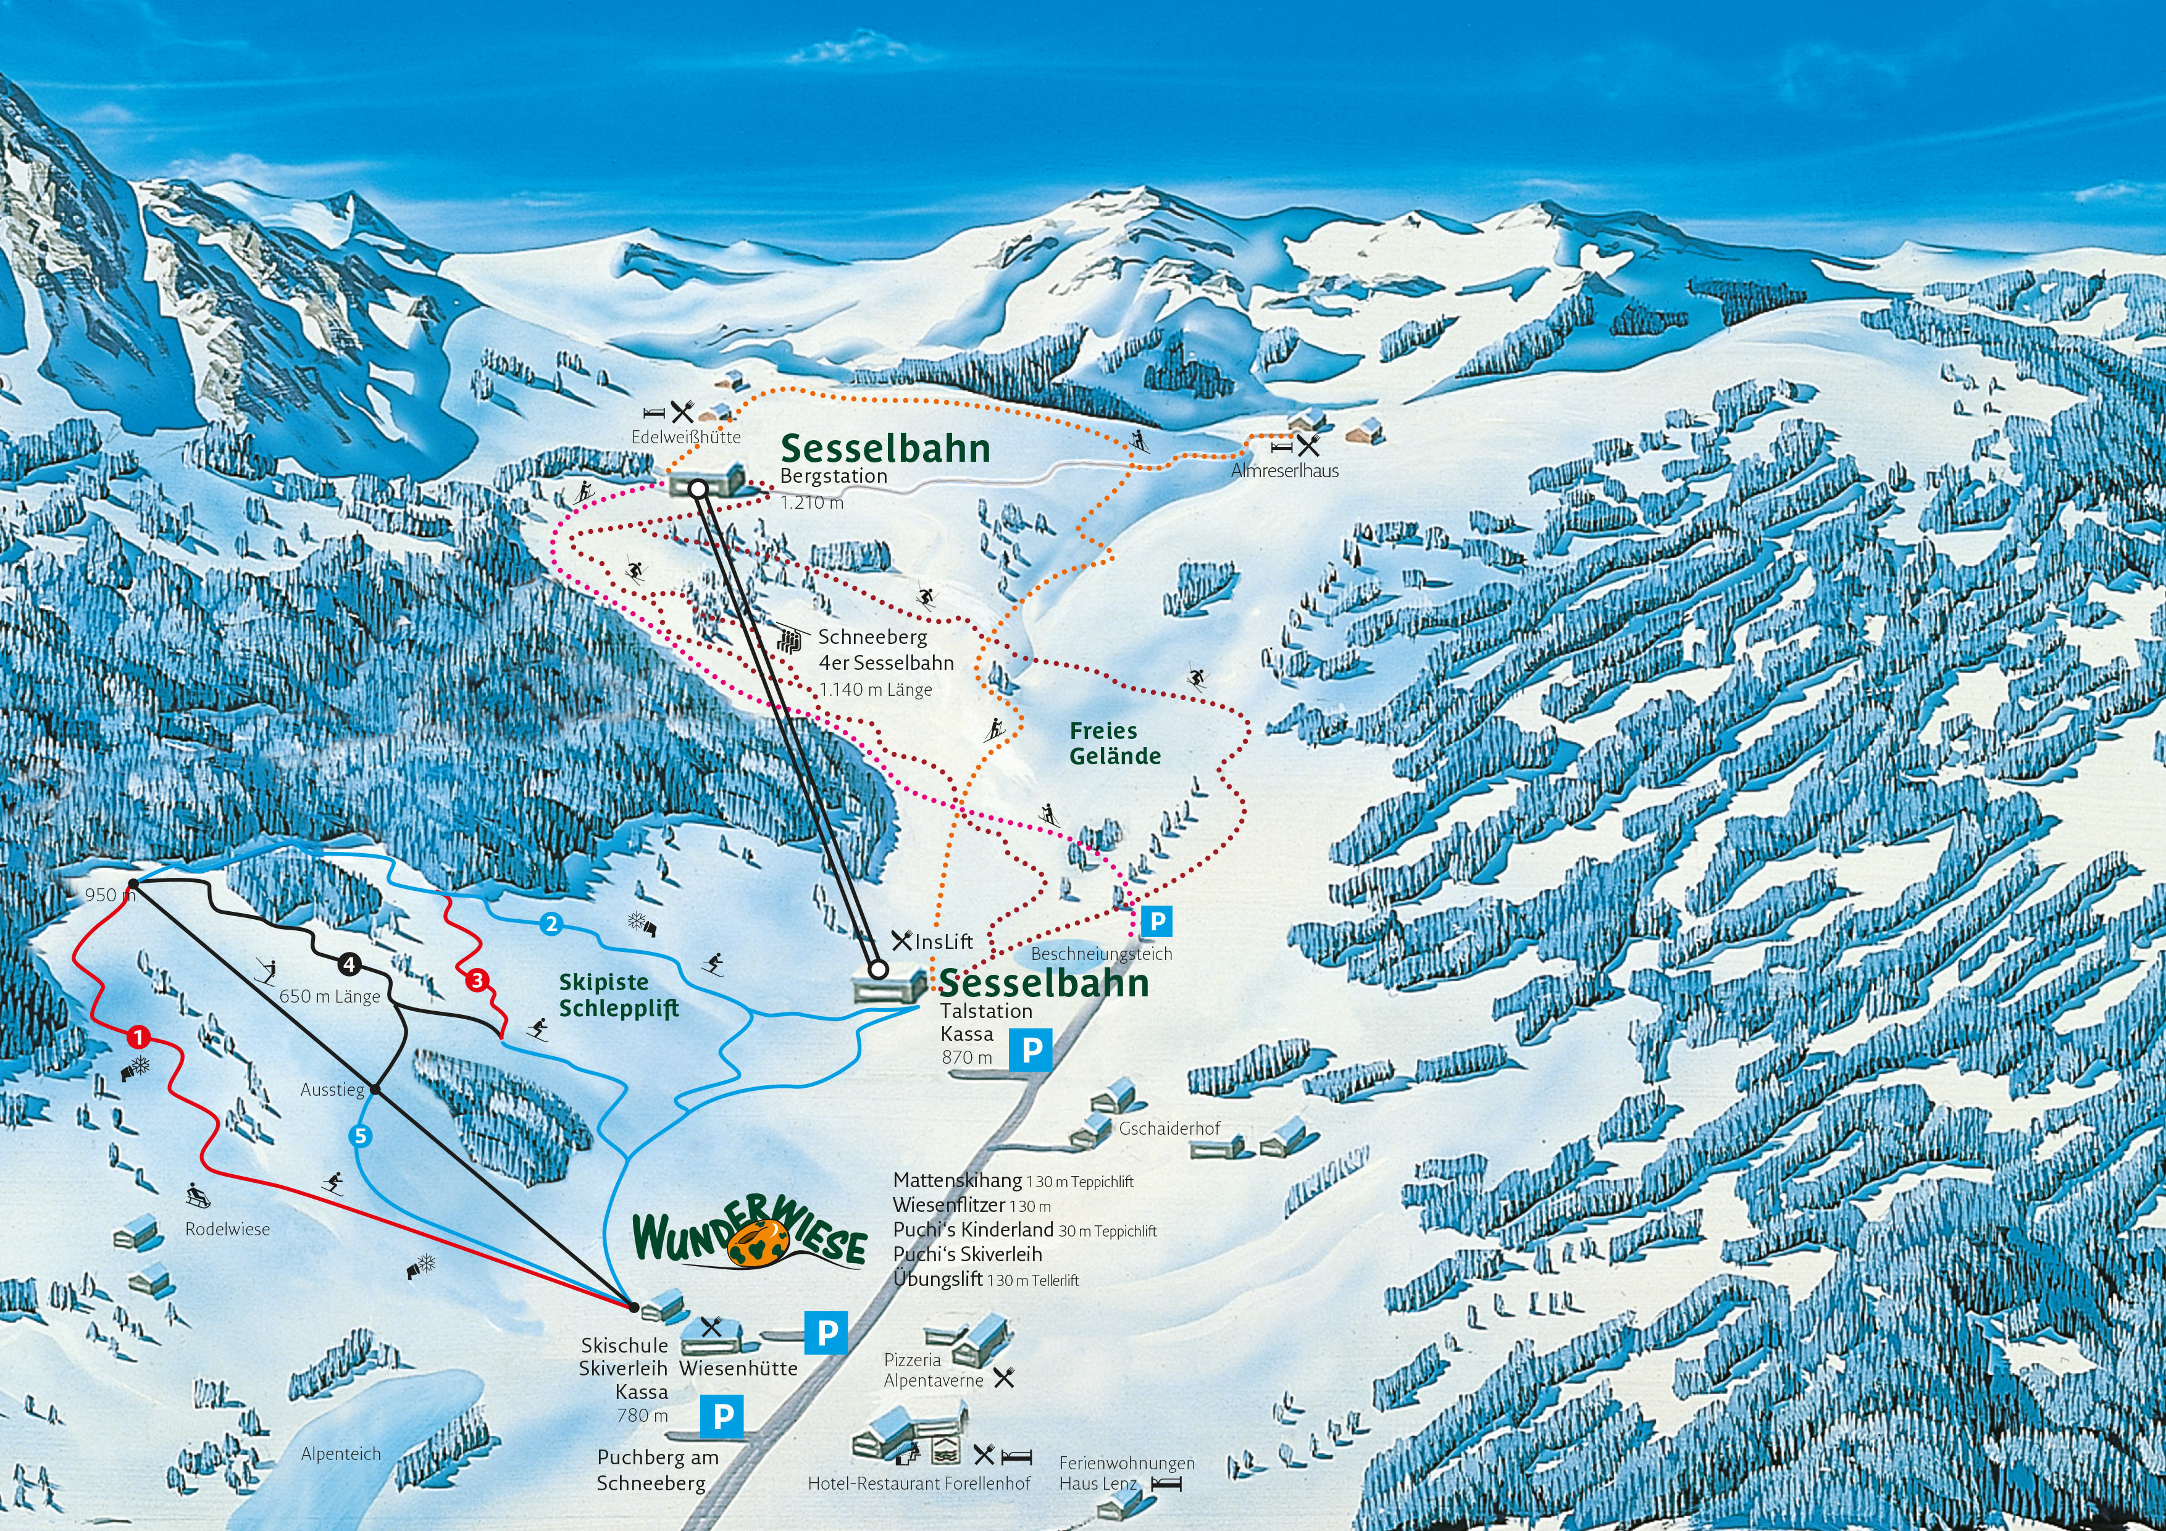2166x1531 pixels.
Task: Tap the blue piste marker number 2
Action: point(552,924)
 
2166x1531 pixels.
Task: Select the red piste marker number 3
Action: point(477,981)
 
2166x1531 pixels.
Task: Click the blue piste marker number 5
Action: point(359,1137)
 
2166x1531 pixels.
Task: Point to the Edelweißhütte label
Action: point(686,436)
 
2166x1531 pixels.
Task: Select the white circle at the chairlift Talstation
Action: point(877,969)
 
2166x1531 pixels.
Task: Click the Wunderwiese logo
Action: point(750,1238)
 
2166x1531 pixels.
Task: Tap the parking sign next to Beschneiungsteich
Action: point(1156,920)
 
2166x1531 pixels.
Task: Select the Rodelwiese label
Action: point(227,1229)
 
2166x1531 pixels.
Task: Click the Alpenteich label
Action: point(341,1454)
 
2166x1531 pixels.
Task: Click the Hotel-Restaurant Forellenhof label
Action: point(919,1483)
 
